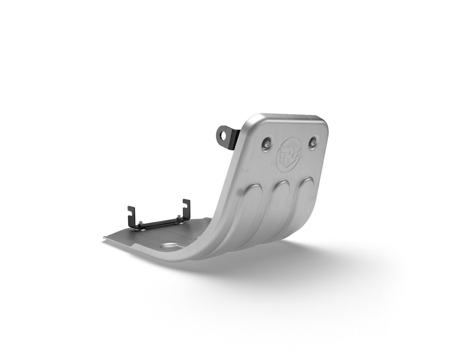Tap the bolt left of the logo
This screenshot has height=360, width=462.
(267, 144)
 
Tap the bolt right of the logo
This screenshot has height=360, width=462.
(313, 142)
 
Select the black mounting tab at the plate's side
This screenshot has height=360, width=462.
(226, 135)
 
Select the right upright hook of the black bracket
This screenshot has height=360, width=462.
(185, 207)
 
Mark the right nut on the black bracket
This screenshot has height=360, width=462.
(179, 217)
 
